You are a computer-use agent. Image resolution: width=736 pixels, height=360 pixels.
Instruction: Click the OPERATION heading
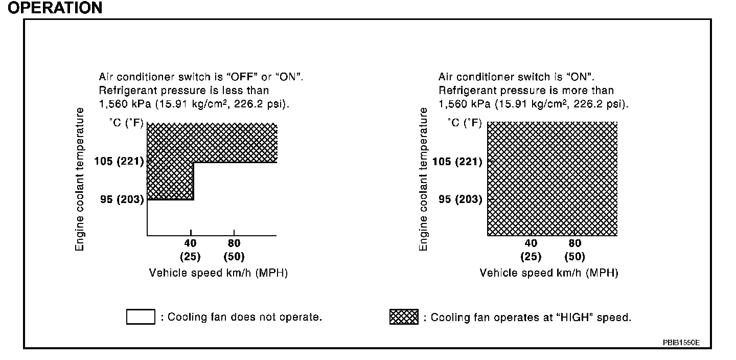[x=55, y=8]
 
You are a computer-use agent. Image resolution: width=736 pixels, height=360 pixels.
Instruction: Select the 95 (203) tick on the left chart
[x=122, y=199]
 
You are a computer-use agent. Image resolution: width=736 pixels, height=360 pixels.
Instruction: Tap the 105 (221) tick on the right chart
[x=457, y=162]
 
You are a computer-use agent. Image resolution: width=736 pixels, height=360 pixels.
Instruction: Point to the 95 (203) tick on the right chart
[x=461, y=199]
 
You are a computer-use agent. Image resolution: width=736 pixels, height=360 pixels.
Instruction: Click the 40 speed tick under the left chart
[x=190, y=243]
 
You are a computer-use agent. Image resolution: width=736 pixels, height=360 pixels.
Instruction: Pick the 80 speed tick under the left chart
[x=234, y=243]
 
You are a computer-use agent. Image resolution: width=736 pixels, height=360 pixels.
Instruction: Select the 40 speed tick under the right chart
[x=531, y=243]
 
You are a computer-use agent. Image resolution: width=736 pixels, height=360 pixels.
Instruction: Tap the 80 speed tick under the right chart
[x=574, y=243]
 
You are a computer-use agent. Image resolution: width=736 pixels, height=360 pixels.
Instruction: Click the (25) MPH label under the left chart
[x=190, y=257]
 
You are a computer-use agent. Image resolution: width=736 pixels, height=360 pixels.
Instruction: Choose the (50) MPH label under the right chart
[x=574, y=257]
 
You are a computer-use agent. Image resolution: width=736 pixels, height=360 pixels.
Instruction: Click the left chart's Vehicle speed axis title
[x=218, y=273]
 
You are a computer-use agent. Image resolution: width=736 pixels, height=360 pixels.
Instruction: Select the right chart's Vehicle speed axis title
[x=549, y=273]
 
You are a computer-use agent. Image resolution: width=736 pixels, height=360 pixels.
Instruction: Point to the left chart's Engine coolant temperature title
[x=80, y=179]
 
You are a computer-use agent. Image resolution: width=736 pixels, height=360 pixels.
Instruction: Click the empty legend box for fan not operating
[x=141, y=317]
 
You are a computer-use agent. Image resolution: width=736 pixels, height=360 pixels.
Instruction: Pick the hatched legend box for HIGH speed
[x=404, y=317]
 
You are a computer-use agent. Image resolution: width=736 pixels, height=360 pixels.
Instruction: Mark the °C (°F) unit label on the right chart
[x=465, y=123]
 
